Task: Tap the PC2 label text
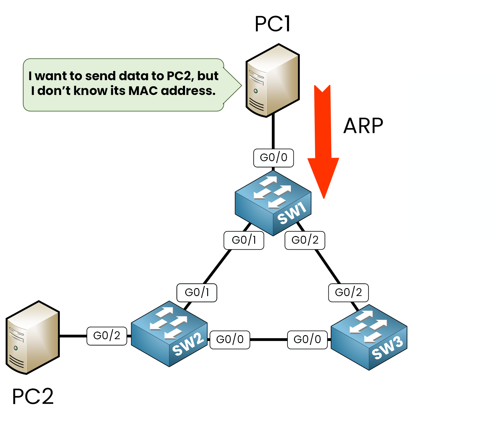tap(33, 396)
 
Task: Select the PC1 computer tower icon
tap(272, 80)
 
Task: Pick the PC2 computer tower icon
tap(33, 338)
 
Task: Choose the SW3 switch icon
tap(369, 337)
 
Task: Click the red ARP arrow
tap(323, 142)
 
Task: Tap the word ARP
tap(363, 126)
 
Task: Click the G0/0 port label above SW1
tap(273, 158)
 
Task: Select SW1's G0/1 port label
tap(244, 240)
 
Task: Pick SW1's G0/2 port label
tap(305, 240)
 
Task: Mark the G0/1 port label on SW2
tap(197, 293)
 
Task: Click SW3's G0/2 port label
tap(348, 293)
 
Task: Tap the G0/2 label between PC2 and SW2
tap(107, 336)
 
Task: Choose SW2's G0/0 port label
tap(230, 340)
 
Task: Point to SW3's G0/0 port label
tap(307, 340)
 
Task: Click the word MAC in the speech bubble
tap(143, 91)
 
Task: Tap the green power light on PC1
tap(256, 91)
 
